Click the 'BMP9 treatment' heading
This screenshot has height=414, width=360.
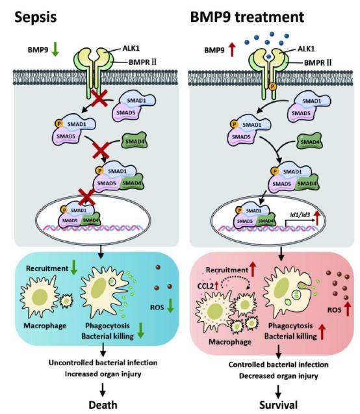(247, 17)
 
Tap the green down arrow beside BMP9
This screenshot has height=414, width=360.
(55, 50)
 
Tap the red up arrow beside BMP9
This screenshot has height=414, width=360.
(232, 50)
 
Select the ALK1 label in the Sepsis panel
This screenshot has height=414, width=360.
(131, 48)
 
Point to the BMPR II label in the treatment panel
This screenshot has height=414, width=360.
(318, 62)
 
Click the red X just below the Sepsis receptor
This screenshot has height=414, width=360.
(99, 98)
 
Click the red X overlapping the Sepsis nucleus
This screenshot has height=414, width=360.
(87, 197)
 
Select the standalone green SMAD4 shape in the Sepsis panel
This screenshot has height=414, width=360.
(135, 141)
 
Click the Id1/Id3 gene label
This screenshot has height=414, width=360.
(299, 214)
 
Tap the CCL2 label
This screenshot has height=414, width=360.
(205, 286)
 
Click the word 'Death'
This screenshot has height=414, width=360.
(103, 405)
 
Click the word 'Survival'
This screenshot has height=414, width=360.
(278, 405)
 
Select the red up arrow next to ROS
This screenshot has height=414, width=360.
(348, 309)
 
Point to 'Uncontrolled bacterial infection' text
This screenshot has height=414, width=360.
(103, 363)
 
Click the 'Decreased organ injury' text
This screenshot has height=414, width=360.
(278, 376)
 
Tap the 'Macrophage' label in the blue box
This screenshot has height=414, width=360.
(45, 326)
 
